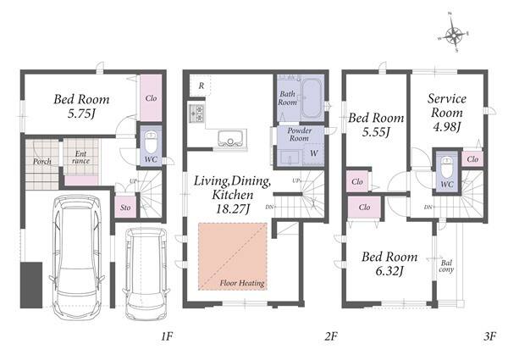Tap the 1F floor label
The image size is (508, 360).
(167, 336)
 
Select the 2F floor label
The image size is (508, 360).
(331, 336)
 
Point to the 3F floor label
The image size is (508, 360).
(489, 336)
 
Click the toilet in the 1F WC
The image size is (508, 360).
(151, 142)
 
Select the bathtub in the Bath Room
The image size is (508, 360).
(312, 98)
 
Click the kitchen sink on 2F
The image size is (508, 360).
(230, 138)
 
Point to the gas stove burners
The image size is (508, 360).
(196, 114)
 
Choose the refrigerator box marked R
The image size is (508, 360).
(201, 86)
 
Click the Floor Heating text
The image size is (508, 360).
(242, 283)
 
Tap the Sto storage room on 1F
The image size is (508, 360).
(125, 207)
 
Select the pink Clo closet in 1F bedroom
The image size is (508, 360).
(151, 98)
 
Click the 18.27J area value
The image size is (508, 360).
(233, 209)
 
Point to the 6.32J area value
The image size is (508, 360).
(389, 271)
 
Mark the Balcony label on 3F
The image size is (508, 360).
(446, 266)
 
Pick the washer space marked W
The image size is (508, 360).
(313, 153)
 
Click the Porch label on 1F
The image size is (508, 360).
(42, 161)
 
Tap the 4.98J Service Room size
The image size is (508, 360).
(447, 127)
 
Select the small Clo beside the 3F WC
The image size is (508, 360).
(472, 159)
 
